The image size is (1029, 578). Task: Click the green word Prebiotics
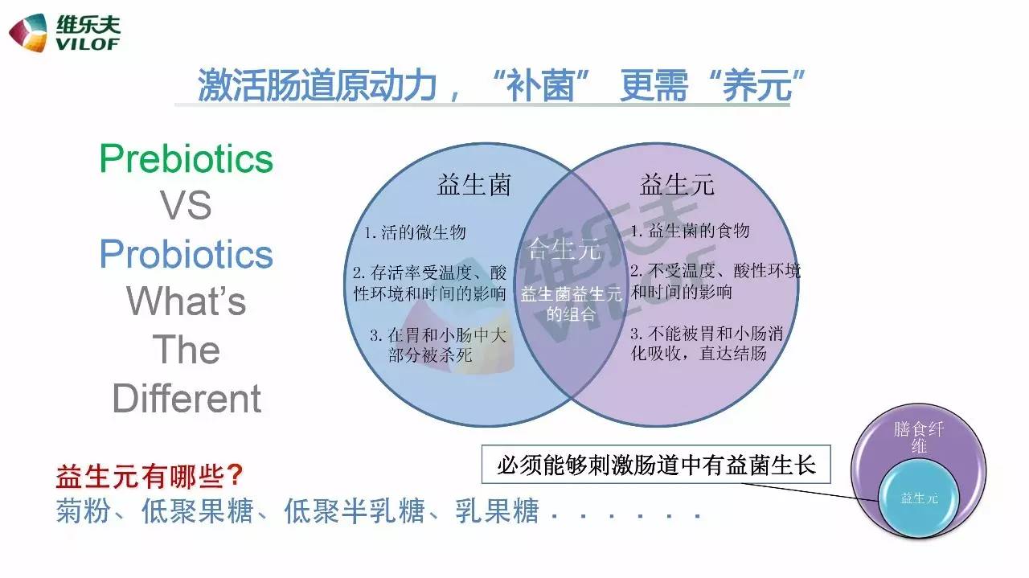[x=186, y=158]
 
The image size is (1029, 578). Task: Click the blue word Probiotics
[x=186, y=254]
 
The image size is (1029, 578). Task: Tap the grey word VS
[x=186, y=205]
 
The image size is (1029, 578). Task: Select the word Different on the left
[x=187, y=399]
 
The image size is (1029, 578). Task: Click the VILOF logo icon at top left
[x=28, y=33]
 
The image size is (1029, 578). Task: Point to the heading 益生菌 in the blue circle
[x=474, y=185]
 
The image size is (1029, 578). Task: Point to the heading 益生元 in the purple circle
[x=677, y=185]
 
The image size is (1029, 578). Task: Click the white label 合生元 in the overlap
[x=564, y=249]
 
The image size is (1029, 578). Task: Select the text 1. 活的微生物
[x=415, y=232]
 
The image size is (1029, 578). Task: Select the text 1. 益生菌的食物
[x=690, y=231]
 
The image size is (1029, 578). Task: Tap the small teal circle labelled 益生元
[x=919, y=498]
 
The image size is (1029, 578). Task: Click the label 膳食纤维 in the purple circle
[x=919, y=437]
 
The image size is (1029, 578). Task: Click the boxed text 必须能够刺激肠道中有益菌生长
[x=656, y=465]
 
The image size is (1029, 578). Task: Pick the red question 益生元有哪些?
[x=150, y=476]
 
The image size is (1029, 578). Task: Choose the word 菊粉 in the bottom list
[x=83, y=511]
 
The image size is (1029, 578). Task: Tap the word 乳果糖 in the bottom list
[x=497, y=511]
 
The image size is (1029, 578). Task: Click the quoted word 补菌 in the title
[x=539, y=85]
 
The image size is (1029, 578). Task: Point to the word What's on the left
[x=186, y=301]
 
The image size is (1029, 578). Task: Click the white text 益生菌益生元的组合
[x=571, y=304]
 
